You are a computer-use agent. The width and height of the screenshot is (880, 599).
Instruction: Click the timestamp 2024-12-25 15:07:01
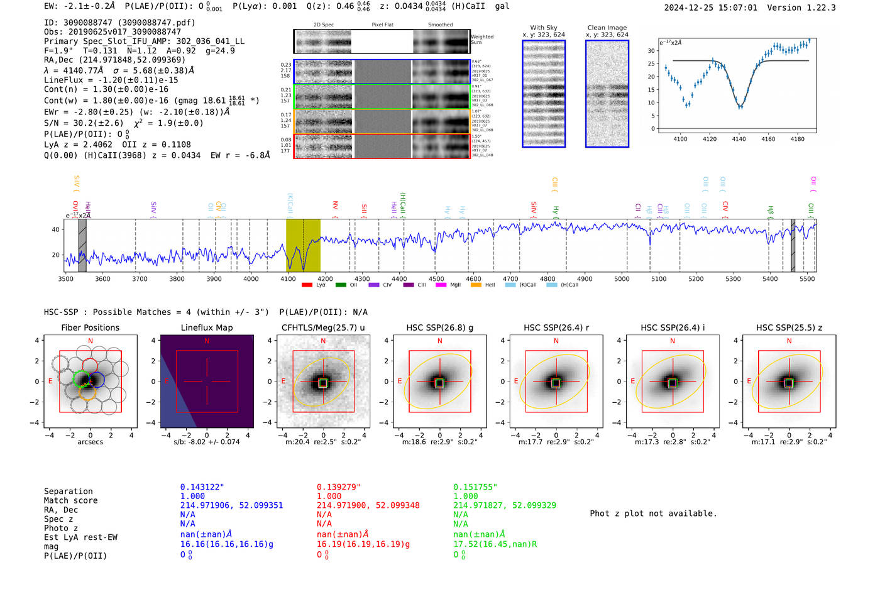(710, 8)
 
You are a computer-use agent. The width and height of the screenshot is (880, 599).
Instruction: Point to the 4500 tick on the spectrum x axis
(436, 278)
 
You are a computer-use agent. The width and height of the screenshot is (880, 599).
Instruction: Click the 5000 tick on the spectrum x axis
(622, 278)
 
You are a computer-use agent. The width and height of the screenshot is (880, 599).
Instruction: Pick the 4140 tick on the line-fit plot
(739, 139)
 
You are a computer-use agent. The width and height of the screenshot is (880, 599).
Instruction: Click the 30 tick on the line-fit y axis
(651, 51)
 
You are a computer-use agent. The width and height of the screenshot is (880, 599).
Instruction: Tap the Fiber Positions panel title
(90, 327)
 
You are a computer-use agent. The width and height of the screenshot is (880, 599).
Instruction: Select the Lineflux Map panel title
(206, 327)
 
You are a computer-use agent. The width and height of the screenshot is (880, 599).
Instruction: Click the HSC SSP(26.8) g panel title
(439, 327)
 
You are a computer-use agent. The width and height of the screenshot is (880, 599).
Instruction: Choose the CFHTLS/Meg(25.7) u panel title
(323, 327)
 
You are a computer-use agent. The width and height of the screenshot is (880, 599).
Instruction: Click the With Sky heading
(543, 28)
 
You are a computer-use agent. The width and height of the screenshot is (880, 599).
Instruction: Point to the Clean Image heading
(607, 28)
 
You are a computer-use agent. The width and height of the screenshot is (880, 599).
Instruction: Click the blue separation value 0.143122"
(202, 487)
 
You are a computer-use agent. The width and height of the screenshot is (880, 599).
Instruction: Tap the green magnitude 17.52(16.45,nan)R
(495, 544)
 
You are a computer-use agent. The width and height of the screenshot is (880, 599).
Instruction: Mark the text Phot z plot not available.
(653, 514)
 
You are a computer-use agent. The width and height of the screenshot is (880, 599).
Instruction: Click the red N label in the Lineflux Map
(207, 341)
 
